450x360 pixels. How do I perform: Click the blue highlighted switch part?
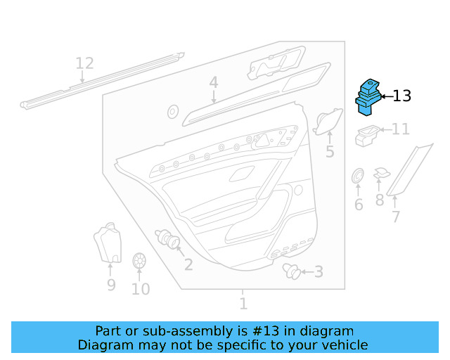[x=368, y=96]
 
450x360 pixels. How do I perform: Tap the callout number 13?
[x=401, y=96]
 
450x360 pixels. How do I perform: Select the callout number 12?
[x=84, y=64]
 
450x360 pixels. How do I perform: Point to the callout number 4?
[x=214, y=84]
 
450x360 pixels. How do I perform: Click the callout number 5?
[x=330, y=152]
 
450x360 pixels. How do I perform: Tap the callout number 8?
[x=380, y=200]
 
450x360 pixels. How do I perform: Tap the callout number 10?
[x=141, y=289]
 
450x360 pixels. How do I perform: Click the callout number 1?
[x=243, y=304]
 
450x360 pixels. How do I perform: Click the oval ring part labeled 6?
[x=357, y=175]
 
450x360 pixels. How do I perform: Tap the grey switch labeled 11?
[x=366, y=135]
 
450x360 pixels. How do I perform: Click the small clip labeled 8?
[x=381, y=173]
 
